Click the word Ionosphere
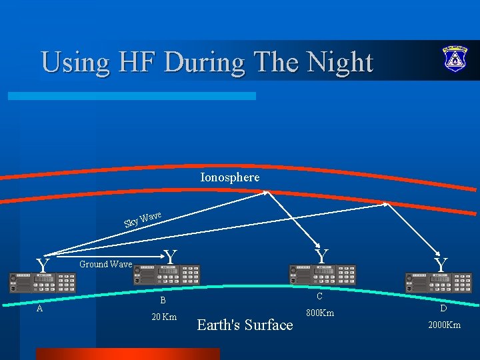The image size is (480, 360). click(230, 177)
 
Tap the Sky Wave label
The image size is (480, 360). click(143, 219)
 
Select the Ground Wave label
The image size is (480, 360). click(105, 264)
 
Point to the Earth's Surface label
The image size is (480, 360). click(245, 325)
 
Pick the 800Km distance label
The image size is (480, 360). click(320, 313)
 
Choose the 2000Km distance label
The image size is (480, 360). click(443, 325)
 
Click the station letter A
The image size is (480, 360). click(40, 308)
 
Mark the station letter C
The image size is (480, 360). click(319, 297)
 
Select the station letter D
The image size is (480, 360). click(443, 309)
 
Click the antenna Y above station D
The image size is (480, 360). click(441, 265)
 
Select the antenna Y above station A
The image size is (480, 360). click(43, 266)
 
